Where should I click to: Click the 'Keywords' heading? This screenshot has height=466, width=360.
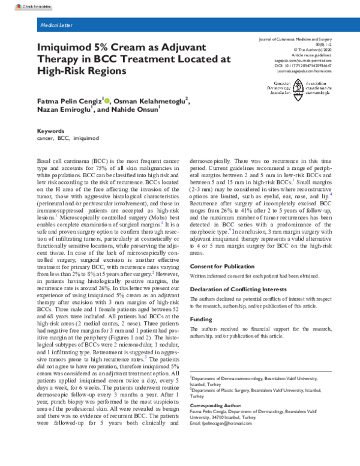coord(50,130)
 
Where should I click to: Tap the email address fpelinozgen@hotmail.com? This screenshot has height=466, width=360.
coord(227,423)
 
